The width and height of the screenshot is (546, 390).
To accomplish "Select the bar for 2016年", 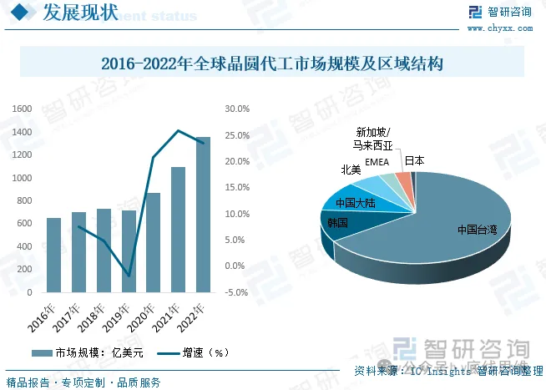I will point(53,255).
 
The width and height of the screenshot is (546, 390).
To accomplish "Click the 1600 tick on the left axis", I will point(22,109).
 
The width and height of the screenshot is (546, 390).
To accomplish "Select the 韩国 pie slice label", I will point(337,224).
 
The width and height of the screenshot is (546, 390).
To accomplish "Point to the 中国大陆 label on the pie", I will point(354,203).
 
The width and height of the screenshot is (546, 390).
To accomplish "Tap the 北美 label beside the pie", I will point(351,170).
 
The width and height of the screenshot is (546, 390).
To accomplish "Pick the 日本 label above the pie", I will point(414,160).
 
